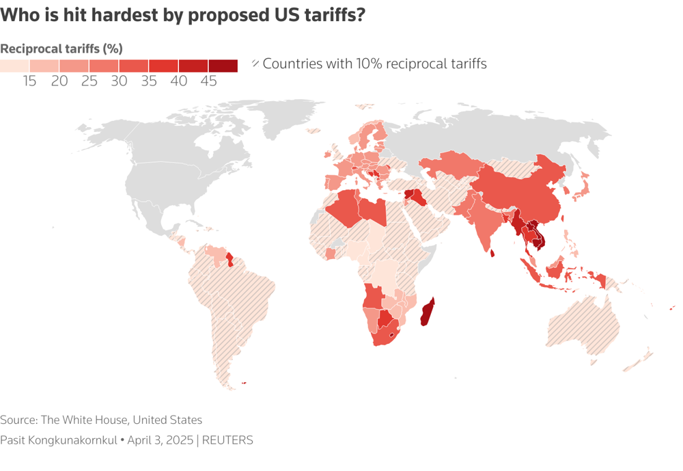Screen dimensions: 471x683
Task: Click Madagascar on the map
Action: click(x=428, y=313)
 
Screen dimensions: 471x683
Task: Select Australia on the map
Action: click(x=584, y=327)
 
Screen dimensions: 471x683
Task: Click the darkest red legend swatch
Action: click(x=223, y=66)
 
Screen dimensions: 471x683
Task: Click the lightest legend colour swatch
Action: click(x=14, y=66)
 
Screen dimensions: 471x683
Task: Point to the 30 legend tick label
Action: click(x=119, y=81)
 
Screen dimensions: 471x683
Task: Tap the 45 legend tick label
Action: click(x=208, y=81)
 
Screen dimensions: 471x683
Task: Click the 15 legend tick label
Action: click(x=29, y=81)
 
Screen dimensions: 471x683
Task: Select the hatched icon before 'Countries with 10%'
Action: click(x=255, y=64)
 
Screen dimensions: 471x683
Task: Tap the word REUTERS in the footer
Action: click(x=228, y=440)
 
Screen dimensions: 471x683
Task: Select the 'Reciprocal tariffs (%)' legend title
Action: click(x=61, y=49)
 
